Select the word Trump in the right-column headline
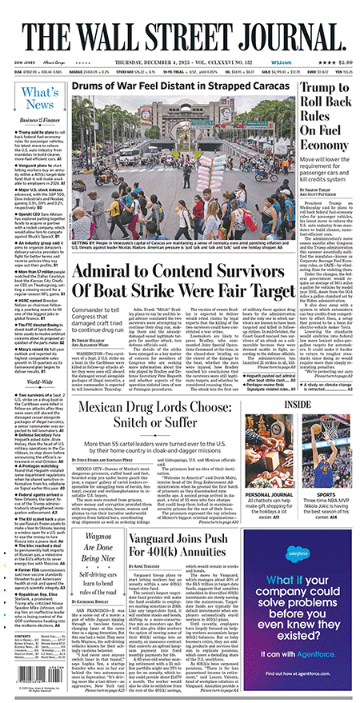[x=330, y=93]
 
